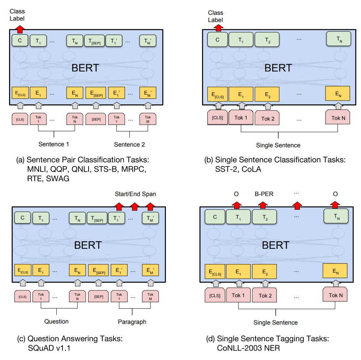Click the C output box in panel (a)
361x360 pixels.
pos(20,40)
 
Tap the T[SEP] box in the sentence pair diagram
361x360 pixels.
pos(94,41)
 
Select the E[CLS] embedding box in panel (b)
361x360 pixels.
pos(217,94)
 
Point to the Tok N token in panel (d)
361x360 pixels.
pos(336,295)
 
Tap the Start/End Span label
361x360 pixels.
pos(136,194)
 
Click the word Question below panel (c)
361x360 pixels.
pos(56,321)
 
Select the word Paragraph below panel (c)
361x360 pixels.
pos(132,322)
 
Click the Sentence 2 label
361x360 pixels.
pos(129,144)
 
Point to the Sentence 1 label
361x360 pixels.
pos(54,144)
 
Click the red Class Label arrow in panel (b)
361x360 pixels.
pos(218,27)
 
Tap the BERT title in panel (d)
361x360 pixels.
pos(275,245)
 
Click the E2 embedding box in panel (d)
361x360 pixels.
pos(265,272)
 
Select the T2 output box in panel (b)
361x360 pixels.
pos(267,40)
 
